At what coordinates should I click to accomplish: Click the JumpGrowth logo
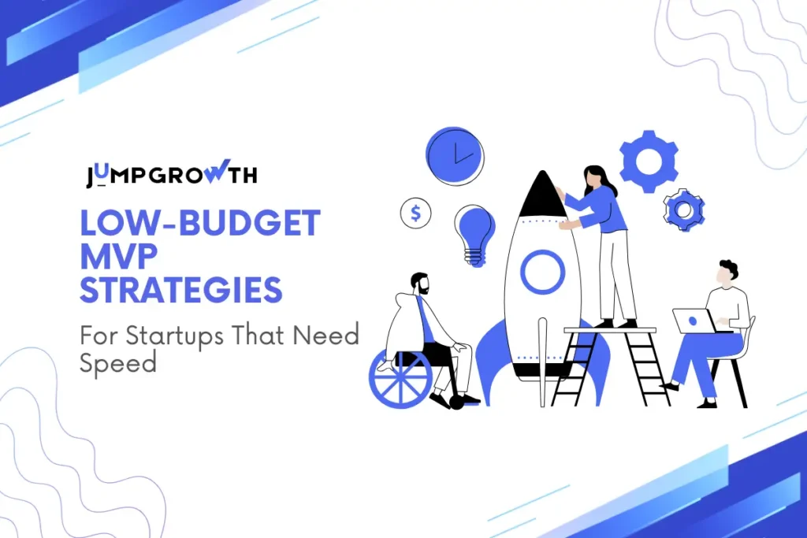pos(171,175)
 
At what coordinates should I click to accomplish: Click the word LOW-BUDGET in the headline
pos(200,224)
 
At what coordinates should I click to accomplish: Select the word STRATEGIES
pos(180,291)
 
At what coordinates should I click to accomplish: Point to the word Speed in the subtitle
pos(117,362)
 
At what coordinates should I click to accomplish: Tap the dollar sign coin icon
pos(415,213)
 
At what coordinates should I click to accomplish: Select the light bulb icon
pos(474,231)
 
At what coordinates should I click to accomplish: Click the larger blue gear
pos(649,161)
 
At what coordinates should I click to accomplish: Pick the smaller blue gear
pos(683,210)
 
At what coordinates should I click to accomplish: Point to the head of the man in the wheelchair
pos(420,284)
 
